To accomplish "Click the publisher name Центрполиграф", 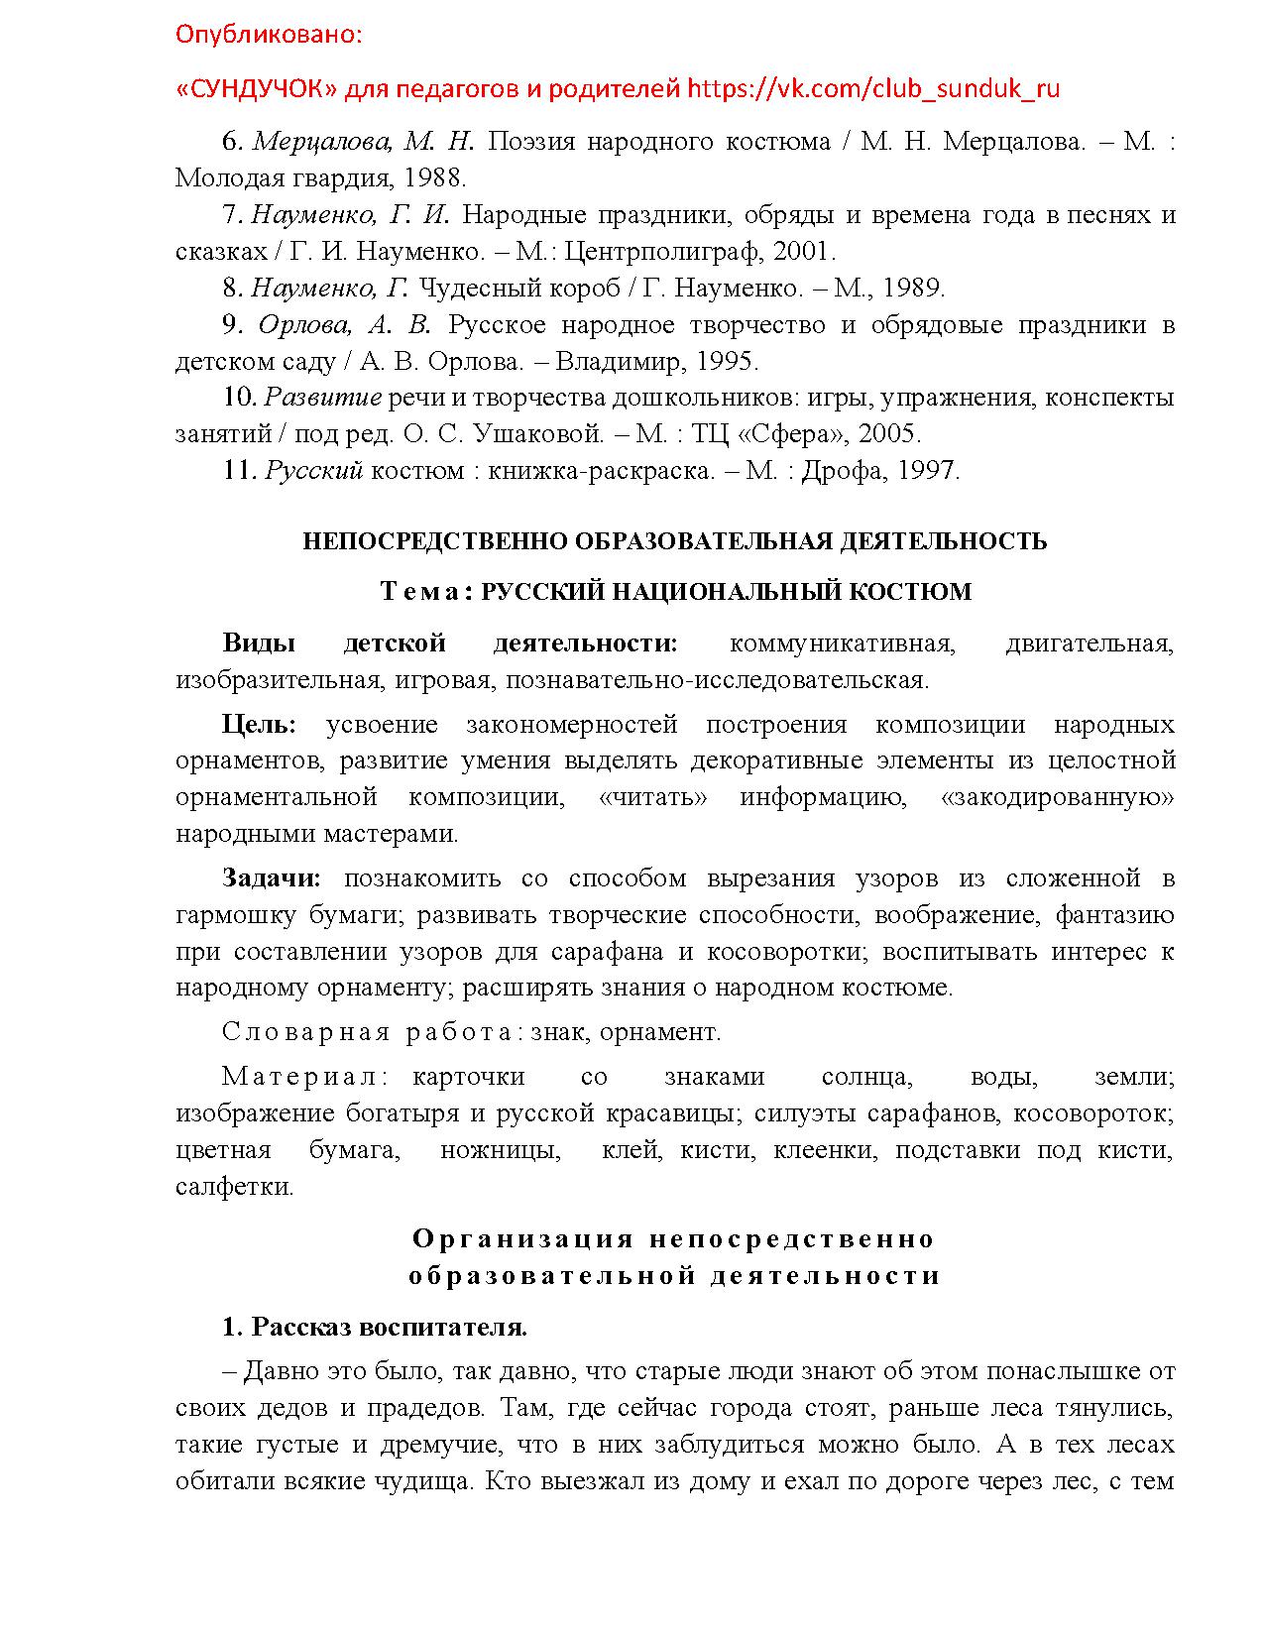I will pos(669,252).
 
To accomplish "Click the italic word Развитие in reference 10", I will pos(323,399).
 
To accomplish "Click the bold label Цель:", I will pos(259,725).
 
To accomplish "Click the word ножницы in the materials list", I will pos(500,1150).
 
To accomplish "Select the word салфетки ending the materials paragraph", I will pos(234,1187).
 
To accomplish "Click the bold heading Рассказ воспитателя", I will pos(389,1328).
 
